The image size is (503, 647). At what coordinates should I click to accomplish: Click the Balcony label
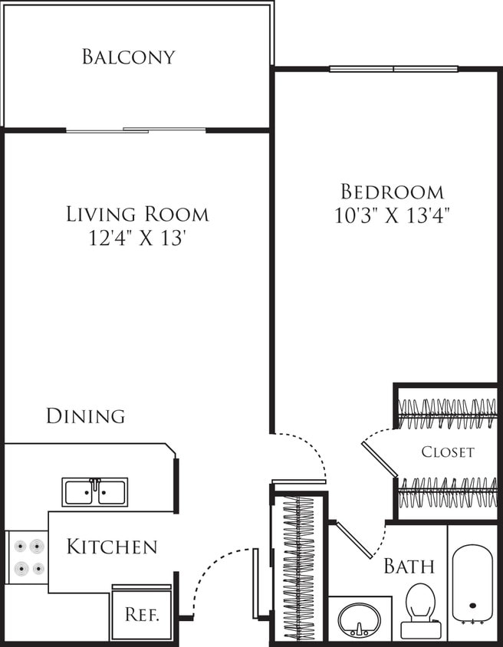[x=129, y=57]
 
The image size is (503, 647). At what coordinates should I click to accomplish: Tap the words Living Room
[x=137, y=214]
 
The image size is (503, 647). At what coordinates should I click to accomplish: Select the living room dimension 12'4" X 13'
[x=137, y=238]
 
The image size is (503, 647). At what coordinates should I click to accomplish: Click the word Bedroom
[x=392, y=192]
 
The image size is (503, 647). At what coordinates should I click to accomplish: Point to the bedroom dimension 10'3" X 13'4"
[x=392, y=215]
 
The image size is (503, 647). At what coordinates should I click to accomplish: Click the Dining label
[x=85, y=416]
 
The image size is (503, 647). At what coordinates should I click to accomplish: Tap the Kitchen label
[x=112, y=547]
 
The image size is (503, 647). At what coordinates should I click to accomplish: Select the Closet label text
[x=448, y=452]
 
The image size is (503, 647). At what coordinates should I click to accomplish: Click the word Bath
[x=409, y=567]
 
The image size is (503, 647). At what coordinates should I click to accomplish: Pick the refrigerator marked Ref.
[x=142, y=615]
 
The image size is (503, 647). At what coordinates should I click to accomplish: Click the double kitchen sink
[x=95, y=491]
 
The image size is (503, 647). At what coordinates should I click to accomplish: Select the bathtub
[x=472, y=583]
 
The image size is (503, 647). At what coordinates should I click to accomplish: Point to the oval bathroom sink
[x=358, y=618]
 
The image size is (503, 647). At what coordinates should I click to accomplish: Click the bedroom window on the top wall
[x=393, y=69]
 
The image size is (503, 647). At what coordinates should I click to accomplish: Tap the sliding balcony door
[x=136, y=130]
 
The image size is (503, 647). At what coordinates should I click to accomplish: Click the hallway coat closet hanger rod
[x=299, y=567]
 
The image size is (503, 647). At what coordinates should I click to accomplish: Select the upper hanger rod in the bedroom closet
[x=448, y=414]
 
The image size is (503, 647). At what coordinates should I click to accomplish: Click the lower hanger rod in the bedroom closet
[x=448, y=493]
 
